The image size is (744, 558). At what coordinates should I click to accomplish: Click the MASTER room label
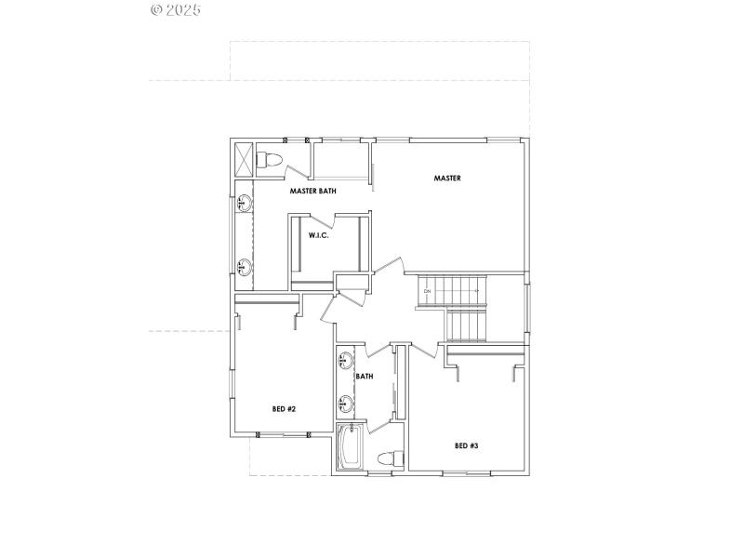point(447,178)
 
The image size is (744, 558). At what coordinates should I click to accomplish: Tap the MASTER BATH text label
point(312,191)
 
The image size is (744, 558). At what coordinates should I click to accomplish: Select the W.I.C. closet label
point(319,235)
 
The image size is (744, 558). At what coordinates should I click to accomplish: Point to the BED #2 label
point(284,408)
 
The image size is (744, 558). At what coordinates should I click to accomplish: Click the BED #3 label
point(466,445)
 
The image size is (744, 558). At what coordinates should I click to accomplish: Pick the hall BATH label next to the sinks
point(365,377)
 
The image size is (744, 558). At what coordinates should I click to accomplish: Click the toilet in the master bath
point(269,159)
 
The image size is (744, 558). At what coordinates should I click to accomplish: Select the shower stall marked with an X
point(244,158)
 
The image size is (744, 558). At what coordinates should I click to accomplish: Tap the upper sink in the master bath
point(244,202)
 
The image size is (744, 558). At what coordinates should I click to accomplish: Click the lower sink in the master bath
point(244,268)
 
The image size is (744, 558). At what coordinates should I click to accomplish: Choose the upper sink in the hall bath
point(344,360)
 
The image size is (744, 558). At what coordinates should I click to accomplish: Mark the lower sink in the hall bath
point(344,404)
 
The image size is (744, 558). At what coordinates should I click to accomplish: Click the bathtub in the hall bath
point(350,448)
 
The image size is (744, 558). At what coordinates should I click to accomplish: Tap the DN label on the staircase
point(427,292)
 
